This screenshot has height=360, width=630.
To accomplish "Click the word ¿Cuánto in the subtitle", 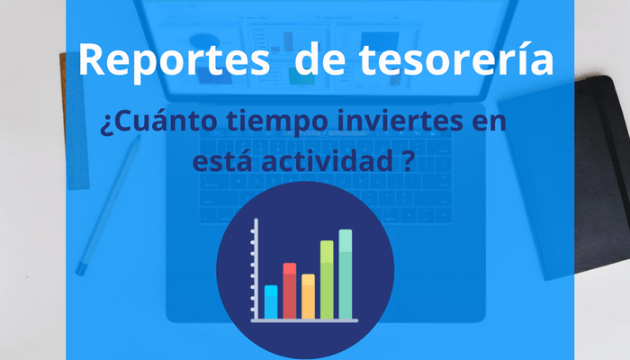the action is pyautogui.click(x=158, y=121).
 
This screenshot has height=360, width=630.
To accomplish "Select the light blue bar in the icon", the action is pyautogui.click(x=271, y=302).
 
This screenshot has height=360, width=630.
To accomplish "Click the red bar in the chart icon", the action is pyautogui.click(x=289, y=291).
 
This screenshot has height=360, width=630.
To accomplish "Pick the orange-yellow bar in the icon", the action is pyautogui.click(x=308, y=296).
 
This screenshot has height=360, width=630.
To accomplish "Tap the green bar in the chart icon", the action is pyautogui.click(x=327, y=280).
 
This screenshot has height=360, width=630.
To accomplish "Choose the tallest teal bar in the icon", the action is pyautogui.click(x=346, y=274).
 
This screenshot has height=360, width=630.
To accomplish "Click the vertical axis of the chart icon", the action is pyautogui.click(x=256, y=269).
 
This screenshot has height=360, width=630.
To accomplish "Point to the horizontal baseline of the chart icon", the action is pyautogui.click(x=304, y=320).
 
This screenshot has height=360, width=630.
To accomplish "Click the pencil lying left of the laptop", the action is pyautogui.click(x=108, y=205).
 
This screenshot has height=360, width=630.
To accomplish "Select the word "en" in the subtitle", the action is pyautogui.click(x=490, y=122).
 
